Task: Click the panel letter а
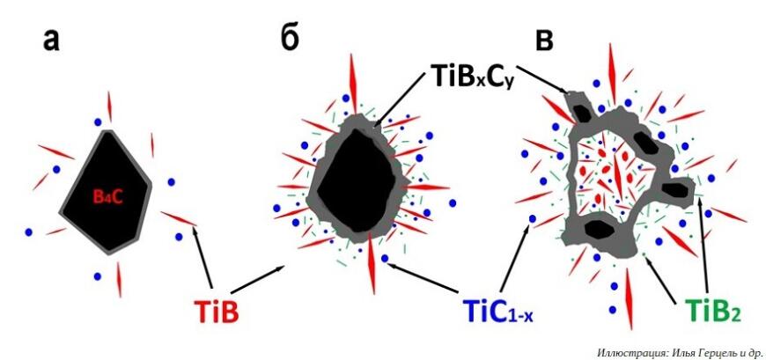51,41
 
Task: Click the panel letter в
544,41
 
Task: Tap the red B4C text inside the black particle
106,197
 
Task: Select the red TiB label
217,311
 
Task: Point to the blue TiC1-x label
497,312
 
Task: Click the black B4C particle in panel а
106,192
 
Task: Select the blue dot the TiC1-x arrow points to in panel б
385,259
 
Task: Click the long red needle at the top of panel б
351,77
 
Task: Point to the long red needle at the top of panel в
612,67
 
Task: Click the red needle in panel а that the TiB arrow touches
179,218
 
